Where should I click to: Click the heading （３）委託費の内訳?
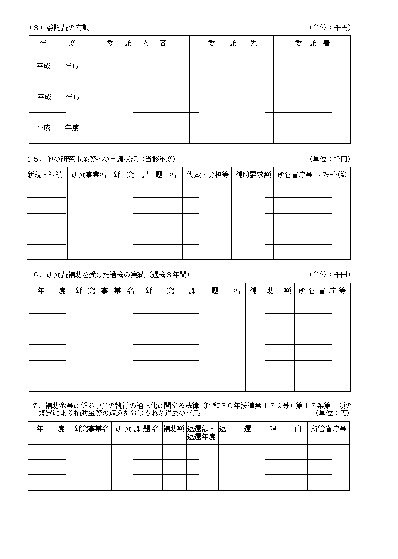tap(58, 28)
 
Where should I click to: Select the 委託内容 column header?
tap(137, 44)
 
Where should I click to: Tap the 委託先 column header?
tap(232, 44)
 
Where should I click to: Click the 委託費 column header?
tap(312, 44)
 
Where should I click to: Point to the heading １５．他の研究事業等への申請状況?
tap(101, 159)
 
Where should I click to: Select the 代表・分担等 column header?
tap(208, 175)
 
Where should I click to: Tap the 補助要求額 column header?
tap(253, 175)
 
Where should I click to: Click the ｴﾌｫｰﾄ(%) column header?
tap(333, 175)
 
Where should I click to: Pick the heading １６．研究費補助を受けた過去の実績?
tap(108, 275)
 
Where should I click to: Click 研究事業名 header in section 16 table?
tap(105, 291)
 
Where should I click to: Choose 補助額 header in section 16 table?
tap(270, 291)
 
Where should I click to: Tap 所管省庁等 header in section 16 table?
tap(322, 291)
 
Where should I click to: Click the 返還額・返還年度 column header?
tap(202, 433)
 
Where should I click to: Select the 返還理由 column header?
tap(262, 429)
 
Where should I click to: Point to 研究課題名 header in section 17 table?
tap(137, 429)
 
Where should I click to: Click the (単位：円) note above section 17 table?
tap(332, 413)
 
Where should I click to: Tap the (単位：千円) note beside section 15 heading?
tap(330, 159)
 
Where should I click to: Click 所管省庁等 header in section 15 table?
tap(295, 175)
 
